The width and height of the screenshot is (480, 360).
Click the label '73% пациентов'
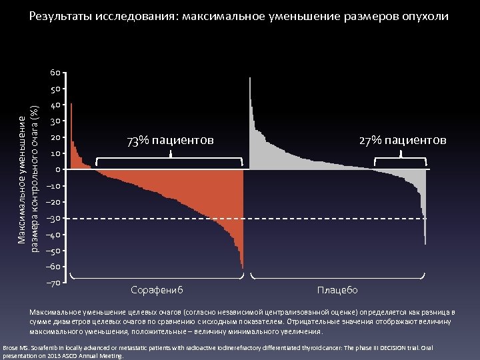[171, 140]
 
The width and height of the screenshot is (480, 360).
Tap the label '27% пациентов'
[403, 140]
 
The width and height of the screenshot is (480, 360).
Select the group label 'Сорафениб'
[157, 290]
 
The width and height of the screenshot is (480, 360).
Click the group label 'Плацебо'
[337, 290]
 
